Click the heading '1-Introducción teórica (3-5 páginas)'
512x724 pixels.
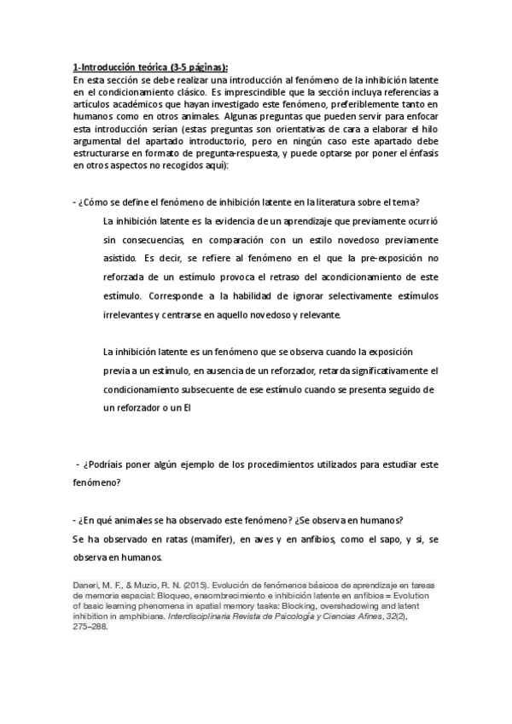pos(151,68)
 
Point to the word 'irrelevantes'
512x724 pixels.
pos(128,314)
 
